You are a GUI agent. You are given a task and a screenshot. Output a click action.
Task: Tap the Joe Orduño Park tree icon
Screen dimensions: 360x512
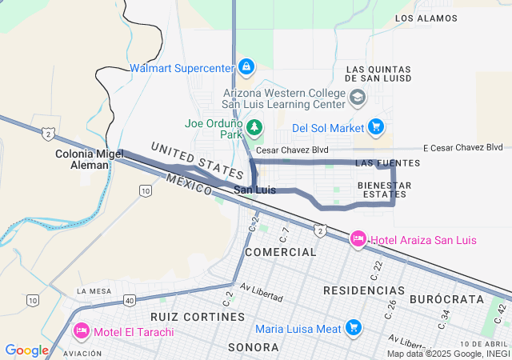[x=254, y=126]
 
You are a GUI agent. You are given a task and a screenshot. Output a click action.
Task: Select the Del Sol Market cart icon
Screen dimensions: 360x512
[x=375, y=127]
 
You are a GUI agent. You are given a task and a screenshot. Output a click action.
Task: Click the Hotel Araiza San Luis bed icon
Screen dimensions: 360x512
[x=358, y=238]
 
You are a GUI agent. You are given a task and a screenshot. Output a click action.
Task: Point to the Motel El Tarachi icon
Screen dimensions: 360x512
[x=81, y=330]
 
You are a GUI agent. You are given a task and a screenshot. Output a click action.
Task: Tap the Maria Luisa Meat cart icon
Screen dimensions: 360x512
[x=353, y=327]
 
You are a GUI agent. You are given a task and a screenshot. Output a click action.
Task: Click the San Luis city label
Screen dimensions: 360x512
[x=254, y=190]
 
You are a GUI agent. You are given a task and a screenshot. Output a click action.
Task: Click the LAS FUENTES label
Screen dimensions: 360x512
[x=387, y=163]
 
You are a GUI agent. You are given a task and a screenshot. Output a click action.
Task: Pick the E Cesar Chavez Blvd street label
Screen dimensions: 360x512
[x=463, y=147]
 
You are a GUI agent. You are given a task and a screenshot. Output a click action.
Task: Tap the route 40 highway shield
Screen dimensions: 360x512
[x=129, y=300]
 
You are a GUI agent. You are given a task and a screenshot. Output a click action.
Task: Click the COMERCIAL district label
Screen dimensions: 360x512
[x=281, y=252]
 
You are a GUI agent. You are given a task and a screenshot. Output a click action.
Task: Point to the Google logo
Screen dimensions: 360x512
[x=26, y=350]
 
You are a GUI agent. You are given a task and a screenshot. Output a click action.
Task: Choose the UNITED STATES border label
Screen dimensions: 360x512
[x=197, y=159]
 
